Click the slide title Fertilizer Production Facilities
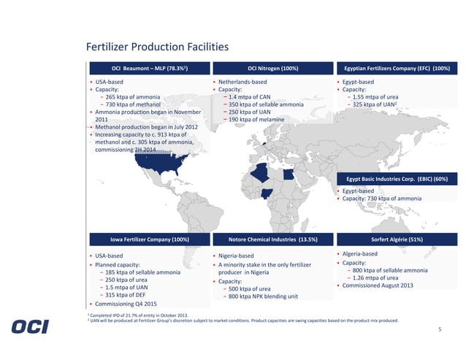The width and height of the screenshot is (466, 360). click(x=157, y=47)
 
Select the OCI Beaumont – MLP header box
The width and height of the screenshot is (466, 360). click(x=148, y=69)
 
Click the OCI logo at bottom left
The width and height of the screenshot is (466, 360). click(x=30, y=326)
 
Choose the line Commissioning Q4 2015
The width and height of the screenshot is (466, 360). click(x=124, y=303)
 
